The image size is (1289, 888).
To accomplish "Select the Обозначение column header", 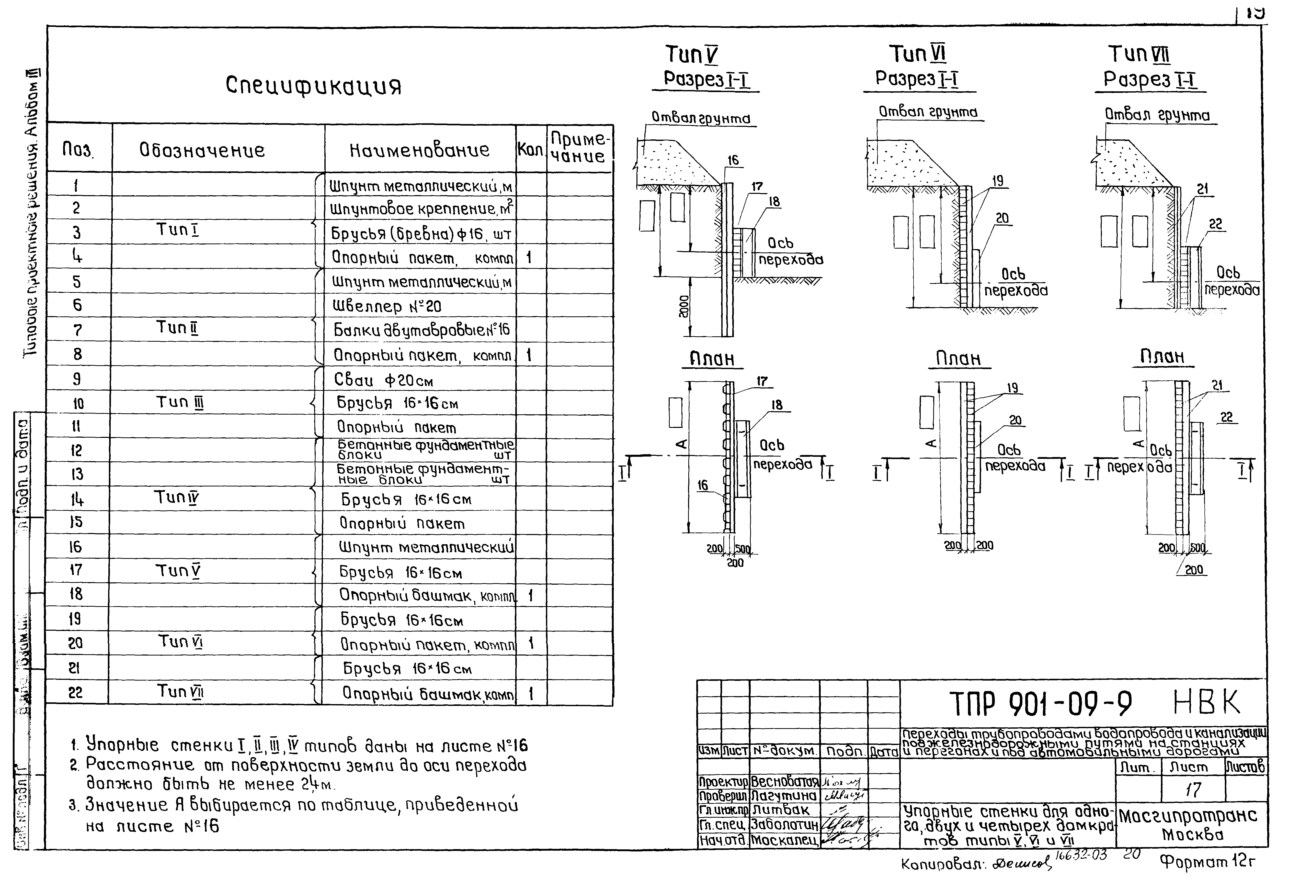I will (202, 150).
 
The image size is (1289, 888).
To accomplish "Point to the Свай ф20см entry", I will (384, 380).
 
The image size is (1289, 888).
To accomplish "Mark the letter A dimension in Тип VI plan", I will (928, 443).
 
